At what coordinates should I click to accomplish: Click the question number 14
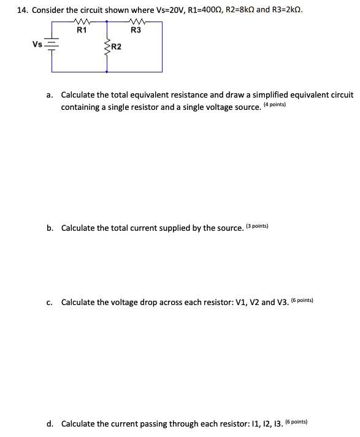click(x=20, y=10)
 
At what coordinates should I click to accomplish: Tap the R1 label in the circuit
click(x=82, y=31)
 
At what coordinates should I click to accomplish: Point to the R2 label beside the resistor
click(x=116, y=47)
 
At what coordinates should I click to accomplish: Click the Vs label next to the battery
click(x=38, y=44)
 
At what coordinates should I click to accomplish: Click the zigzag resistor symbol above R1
click(x=82, y=22)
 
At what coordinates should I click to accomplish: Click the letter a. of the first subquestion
click(x=50, y=95)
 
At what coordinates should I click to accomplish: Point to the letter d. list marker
click(x=50, y=423)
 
